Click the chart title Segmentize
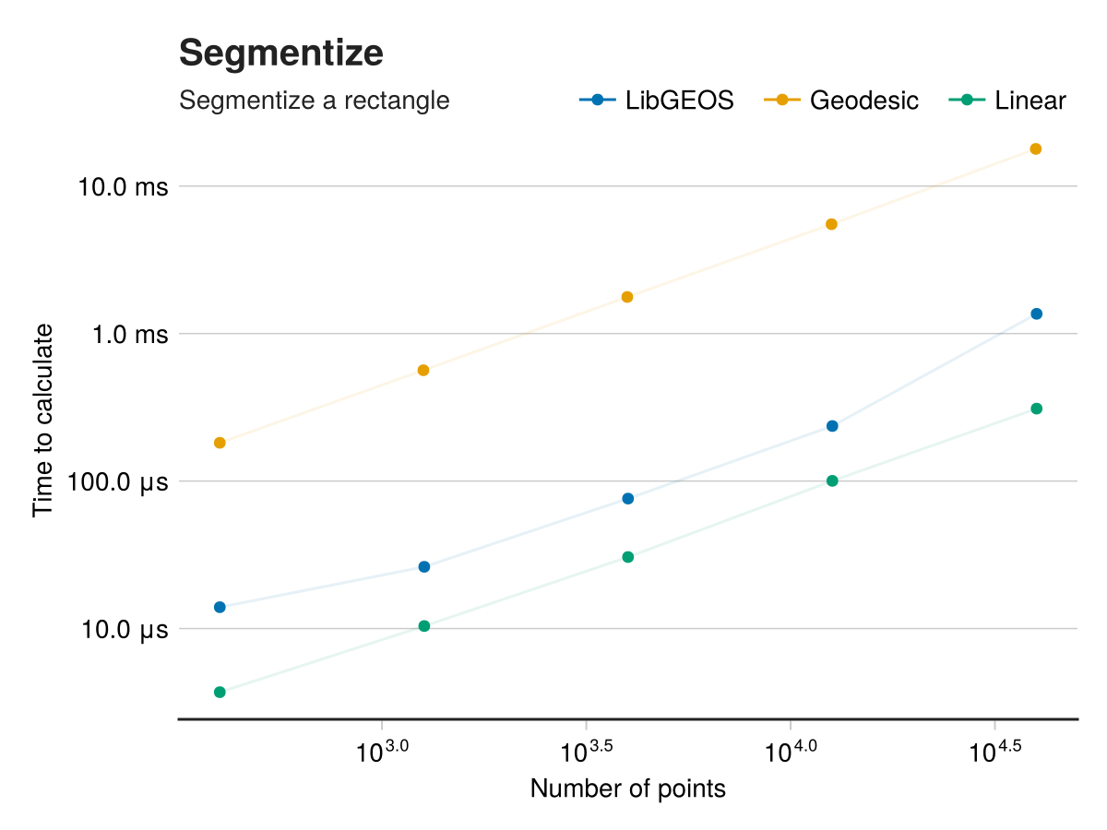coord(280,53)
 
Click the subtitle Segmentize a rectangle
coord(314,101)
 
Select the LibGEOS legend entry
coord(657,101)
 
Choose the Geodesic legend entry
coord(842,101)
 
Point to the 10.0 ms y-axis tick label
coord(124,187)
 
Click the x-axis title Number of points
coord(628,789)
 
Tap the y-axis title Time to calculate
coord(43,420)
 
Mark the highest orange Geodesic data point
coord(1036,149)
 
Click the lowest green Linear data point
coord(220,693)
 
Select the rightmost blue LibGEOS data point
coord(1036,314)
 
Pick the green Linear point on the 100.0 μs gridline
coord(832,481)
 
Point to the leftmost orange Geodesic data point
coord(220,444)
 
